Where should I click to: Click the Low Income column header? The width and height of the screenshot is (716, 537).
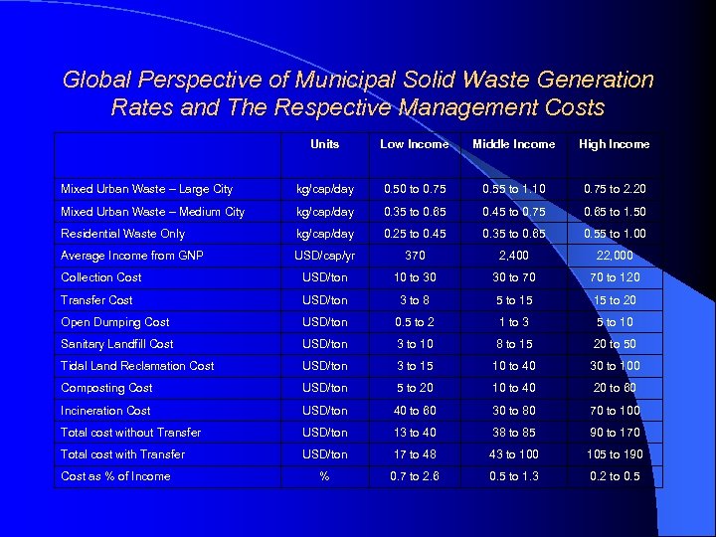tap(414, 144)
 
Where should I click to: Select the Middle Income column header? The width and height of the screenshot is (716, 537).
tap(513, 144)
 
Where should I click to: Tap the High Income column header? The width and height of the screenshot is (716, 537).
tap(614, 144)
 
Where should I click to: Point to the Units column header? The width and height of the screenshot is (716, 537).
tap(324, 144)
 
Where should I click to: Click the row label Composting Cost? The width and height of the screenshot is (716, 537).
tap(106, 388)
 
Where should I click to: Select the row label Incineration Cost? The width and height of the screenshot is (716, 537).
tap(105, 410)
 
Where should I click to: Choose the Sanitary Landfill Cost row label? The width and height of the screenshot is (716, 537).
tap(117, 344)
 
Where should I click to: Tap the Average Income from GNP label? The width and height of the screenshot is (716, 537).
tap(132, 256)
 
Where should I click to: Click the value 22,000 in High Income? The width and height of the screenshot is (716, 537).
tap(614, 256)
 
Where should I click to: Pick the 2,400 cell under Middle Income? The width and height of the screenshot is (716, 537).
tap(513, 256)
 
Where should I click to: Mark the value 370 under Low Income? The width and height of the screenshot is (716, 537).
tap(414, 256)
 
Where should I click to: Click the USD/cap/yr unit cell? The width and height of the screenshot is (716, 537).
tap(324, 256)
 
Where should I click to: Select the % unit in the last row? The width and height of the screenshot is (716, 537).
tap(324, 476)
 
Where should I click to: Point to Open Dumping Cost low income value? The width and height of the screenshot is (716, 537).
tap(414, 322)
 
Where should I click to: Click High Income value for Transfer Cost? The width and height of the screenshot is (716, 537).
tap(614, 300)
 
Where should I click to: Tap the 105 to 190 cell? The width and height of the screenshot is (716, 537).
tap(614, 454)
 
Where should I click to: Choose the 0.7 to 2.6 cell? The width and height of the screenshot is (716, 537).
tap(414, 476)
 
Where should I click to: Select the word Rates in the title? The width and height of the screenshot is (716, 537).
tap(141, 106)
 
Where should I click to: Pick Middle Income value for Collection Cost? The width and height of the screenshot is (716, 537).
tap(513, 277)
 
